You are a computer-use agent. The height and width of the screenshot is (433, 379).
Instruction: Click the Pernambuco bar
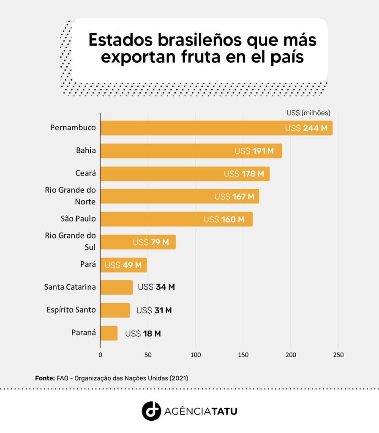click(216, 128)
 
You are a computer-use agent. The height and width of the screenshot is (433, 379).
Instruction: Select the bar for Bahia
click(191, 151)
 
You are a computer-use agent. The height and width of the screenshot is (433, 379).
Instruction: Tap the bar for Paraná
click(109, 333)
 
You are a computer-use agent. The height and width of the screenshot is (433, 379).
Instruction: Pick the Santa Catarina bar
click(116, 287)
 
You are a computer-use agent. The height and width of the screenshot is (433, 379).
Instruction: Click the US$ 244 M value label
click(306, 128)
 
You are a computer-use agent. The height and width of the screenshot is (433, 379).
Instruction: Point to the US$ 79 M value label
click(151, 242)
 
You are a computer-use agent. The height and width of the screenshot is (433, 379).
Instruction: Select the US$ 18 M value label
click(143, 334)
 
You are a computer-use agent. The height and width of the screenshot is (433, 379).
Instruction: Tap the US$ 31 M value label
click(154, 310)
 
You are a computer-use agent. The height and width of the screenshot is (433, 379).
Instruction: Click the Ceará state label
click(85, 173)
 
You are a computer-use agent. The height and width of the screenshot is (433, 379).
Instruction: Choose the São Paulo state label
click(78, 219)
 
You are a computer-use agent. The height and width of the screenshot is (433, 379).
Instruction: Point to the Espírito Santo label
click(71, 310)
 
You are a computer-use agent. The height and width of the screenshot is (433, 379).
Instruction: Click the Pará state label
click(88, 264)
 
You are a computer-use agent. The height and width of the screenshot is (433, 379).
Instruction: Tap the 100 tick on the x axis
click(196, 355)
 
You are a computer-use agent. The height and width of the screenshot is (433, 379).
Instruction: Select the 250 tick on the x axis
click(338, 355)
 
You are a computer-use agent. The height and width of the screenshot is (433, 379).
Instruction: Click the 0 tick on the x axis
click(101, 355)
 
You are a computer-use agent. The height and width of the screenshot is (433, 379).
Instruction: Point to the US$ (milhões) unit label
click(308, 113)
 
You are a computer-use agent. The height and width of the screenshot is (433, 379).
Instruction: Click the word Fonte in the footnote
click(45, 378)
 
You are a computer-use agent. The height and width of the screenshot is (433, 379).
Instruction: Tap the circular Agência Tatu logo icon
click(151, 411)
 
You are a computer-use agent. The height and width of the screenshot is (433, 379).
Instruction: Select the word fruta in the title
click(201, 57)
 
